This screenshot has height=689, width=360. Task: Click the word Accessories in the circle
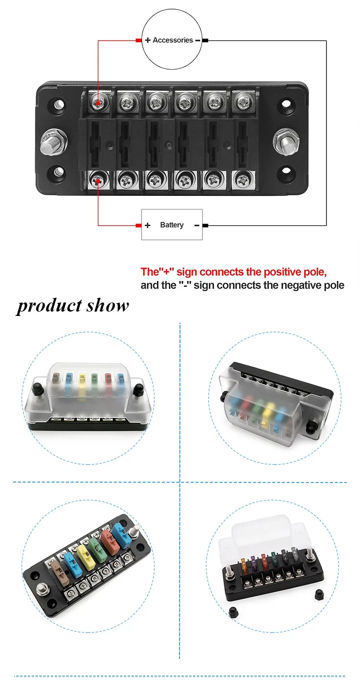click(173, 40)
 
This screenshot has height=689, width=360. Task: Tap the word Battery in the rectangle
click(172, 225)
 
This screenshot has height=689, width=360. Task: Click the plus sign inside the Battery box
click(148, 225)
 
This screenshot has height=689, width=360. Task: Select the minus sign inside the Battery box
click(196, 225)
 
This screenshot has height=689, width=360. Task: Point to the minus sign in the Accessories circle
click(198, 40)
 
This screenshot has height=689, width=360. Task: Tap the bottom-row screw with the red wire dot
click(98, 181)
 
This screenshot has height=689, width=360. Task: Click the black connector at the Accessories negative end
click(205, 40)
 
